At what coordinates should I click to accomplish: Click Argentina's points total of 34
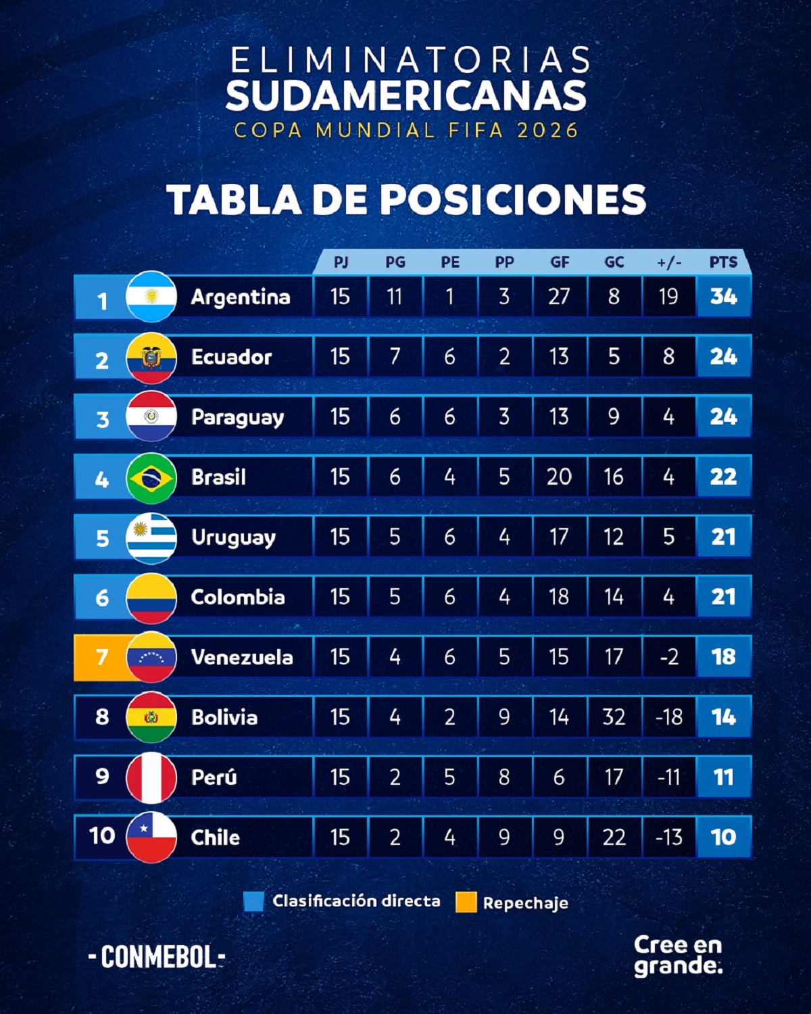(723, 297)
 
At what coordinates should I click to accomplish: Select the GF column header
(559, 262)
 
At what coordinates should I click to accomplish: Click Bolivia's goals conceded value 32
(614, 717)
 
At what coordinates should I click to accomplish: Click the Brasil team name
(218, 477)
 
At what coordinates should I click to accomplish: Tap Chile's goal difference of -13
(668, 838)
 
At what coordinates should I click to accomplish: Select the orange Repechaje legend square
(466, 902)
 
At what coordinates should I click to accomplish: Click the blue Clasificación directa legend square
(253, 902)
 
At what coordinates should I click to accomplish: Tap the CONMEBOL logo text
(157, 957)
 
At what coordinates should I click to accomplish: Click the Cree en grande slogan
(678, 955)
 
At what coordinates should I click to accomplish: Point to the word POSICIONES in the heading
(512, 200)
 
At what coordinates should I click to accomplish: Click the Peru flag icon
(151, 777)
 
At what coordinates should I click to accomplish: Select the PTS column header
(723, 262)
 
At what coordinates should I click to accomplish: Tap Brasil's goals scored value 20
(559, 477)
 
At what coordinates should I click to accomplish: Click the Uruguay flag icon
(151, 538)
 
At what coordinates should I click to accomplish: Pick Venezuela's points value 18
(723, 657)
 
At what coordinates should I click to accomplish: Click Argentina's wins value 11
(395, 297)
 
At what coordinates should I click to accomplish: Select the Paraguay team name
(237, 417)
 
